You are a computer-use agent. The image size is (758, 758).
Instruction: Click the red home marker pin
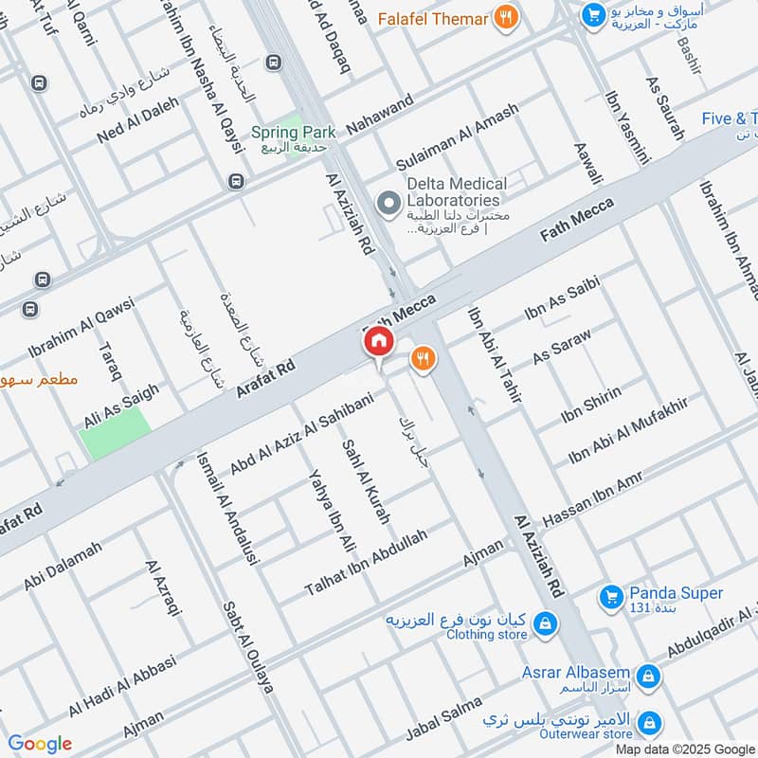pyautogui.click(x=378, y=341)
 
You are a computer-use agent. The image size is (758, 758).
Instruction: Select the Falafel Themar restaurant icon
pyautogui.click(x=507, y=17)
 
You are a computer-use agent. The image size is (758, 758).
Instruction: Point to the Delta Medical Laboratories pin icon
pyautogui.click(x=387, y=202)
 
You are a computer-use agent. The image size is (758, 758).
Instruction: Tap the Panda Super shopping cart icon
pyautogui.click(x=610, y=597)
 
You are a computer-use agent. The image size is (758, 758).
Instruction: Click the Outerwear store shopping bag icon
pyautogui.click(x=649, y=724)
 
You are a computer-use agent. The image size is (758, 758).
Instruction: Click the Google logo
pyautogui.click(x=39, y=744)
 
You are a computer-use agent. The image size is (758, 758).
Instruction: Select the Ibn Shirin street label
pyautogui.click(x=591, y=406)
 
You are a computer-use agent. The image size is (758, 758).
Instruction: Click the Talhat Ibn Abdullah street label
pyautogui.click(x=366, y=562)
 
